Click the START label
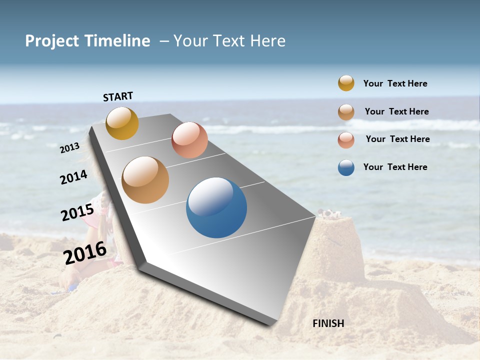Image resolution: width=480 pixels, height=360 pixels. tap(118, 96)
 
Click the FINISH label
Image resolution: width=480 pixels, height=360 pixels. tap(328, 323)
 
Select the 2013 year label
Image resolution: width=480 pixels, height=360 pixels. tap(70, 148)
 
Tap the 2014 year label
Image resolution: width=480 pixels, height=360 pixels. tap(74, 177)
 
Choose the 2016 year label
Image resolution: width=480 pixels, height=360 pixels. tap(85, 253)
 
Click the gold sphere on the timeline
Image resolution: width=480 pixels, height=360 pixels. tap(122, 123)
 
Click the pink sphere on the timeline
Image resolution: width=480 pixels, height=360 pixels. tap(189, 140)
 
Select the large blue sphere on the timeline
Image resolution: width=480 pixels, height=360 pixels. tap(216, 207)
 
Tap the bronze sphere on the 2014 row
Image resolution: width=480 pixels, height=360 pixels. tap(145, 180)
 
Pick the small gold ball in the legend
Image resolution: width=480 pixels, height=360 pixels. tap(346, 83)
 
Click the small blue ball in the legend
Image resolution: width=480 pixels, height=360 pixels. tap(346, 167)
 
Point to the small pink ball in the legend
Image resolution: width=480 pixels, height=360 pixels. tap(346, 140)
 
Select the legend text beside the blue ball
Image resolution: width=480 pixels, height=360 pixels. tap(395, 167)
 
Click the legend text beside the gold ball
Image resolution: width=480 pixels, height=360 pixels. tap(395, 83)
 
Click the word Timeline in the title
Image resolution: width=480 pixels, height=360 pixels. tap(118, 41)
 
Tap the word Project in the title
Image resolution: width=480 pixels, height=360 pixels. tap(52, 41)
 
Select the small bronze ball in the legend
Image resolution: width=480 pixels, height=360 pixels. tap(346, 112)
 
